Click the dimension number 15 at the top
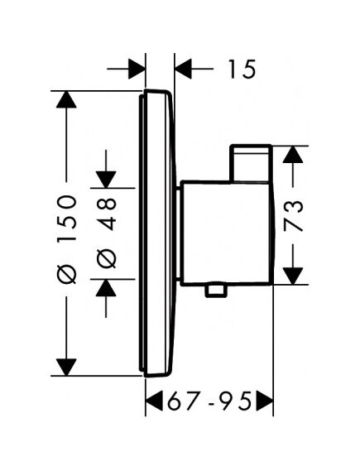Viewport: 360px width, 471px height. coord(242,69)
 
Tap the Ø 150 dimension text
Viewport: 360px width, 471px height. coord(67,239)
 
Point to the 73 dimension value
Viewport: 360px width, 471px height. coord(293,216)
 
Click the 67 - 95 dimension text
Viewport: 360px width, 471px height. coord(209,401)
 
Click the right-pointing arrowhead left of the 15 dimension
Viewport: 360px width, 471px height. coord(137,69)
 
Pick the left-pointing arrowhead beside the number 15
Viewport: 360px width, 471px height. coord(183,69)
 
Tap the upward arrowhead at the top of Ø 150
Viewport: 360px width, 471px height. coord(66,99)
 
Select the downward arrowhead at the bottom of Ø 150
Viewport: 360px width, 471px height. coord(66,367)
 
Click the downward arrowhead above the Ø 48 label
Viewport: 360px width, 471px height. coord(106,180)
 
